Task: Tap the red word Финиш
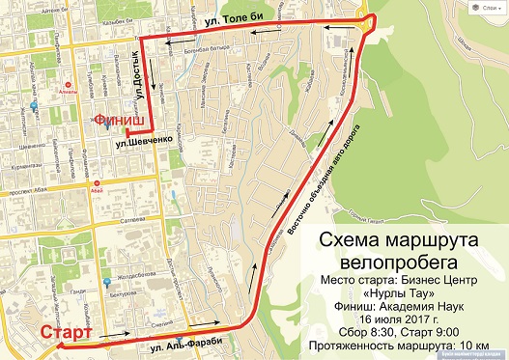click(x=119, y=120)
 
